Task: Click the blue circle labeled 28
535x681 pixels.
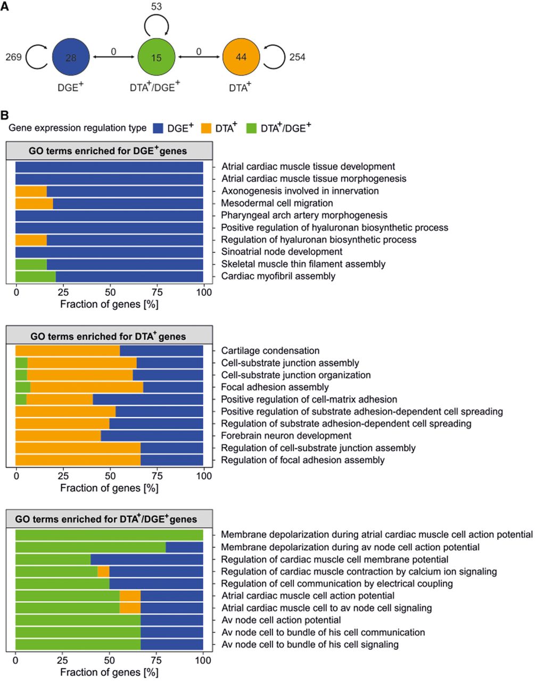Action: coord(71,57)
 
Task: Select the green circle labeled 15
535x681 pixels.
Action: coord(157,57)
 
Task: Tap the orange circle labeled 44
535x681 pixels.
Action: coord(241,57)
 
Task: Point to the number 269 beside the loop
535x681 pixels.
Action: coord(13,57)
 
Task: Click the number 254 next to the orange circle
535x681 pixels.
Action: coord(297,57)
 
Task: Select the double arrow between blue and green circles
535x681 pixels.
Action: coord(114,57)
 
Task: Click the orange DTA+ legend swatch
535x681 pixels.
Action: coord(206,128)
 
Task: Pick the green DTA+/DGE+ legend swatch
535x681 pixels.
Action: coord(251,128)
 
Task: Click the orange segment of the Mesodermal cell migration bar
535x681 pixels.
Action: coord(34,204)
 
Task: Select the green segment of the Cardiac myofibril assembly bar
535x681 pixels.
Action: coord(36,277)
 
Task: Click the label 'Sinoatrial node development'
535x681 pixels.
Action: coord(282,252)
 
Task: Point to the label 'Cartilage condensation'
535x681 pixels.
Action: coord(270,351)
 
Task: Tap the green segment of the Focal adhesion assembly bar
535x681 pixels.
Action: coord(23,387)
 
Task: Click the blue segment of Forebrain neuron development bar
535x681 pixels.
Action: coord(152,436)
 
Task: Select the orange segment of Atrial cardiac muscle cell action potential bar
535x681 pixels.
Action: coord(130,596)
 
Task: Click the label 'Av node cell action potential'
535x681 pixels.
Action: coord(281,620)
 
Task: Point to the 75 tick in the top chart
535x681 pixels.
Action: coord(157,293)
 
